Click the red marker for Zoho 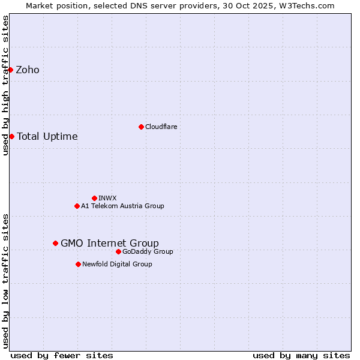click(x=11, y=70)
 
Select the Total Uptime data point click(x=11, y=136)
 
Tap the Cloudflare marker click(x=141, y=127)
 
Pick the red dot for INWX click(x=94, y=198)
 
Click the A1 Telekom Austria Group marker click(x=77, y=206)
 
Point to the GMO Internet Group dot click(x=55, y=243)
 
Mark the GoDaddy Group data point click(x=118, y=251)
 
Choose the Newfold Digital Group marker click(x=78, y=264)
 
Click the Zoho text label click(x=28, y=70)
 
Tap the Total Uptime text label click(x=47, y=137)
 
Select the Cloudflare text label click(x=161, y=127)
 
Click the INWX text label click(x=107, y=198)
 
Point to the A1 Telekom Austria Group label click(x=122, y=206)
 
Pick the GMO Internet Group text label click(x=110, y=243)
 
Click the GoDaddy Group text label click(x=148, y=251)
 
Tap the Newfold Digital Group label click(x=117, y=264)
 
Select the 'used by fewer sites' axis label click(x=62, y=356)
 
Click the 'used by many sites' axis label click(x=301, y=356)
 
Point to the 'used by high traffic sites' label click(x=5, y=85)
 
